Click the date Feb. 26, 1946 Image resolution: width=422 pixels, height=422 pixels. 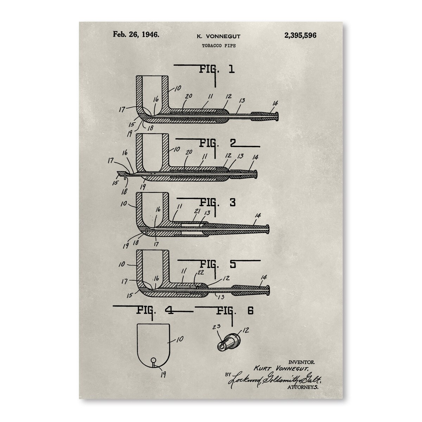[136, 34]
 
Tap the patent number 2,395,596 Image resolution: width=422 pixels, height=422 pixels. [300, 35]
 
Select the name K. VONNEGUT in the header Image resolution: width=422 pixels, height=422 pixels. [218, 36]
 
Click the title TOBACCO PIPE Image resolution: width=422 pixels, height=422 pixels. [219, 46]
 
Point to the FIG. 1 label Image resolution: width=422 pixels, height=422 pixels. [217, 69]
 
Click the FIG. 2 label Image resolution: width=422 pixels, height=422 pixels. [217, 143]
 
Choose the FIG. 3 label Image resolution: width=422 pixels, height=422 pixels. [218, 203]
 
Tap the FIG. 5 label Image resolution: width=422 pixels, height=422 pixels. [218, 264]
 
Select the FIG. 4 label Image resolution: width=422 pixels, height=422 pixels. [155, 310]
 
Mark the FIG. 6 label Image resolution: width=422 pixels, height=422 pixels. [235, 311]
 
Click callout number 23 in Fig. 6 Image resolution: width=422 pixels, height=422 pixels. [216, 333]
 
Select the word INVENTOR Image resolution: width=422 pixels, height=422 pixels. [301, 363]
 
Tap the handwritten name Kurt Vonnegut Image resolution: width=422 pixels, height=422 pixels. [281, 369]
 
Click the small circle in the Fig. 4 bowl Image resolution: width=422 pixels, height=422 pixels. [154, 360]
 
